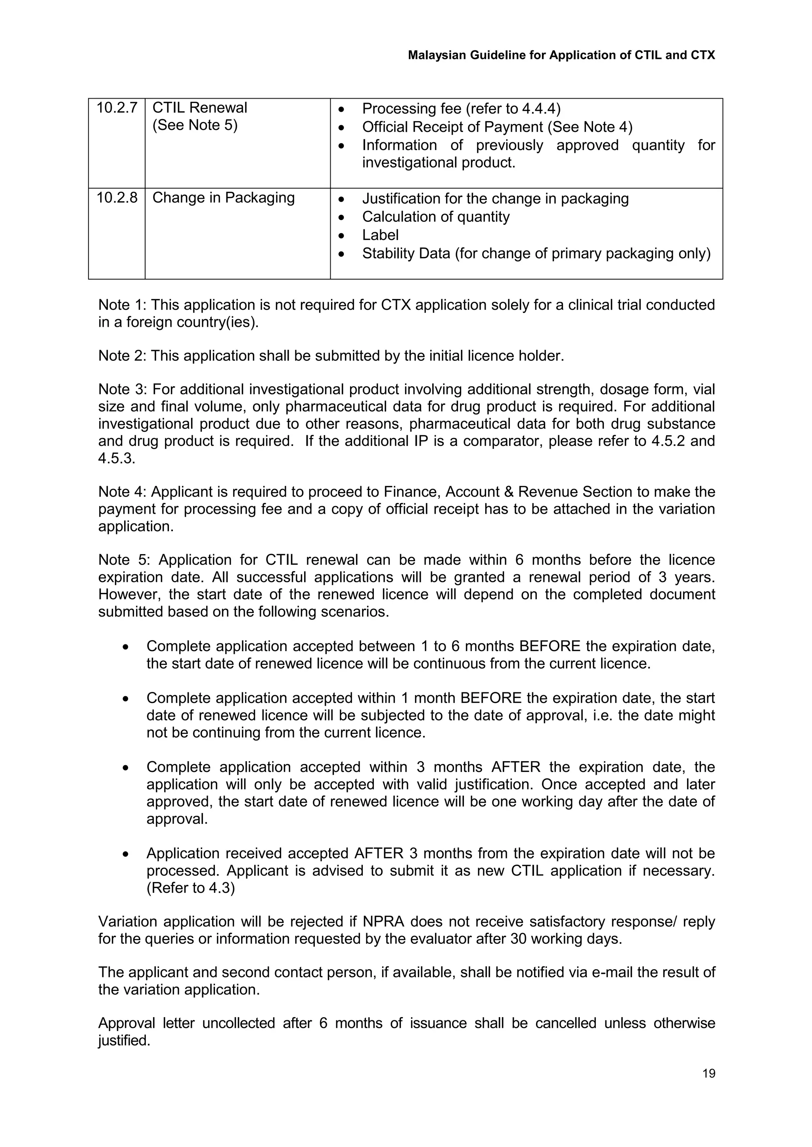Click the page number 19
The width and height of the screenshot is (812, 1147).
[709, 1073]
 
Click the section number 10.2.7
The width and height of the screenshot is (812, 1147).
[117, 108]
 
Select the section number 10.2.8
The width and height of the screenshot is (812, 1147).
[117, 198]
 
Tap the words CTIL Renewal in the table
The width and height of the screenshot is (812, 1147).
[199, 108]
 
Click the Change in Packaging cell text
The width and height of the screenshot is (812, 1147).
[224, 198]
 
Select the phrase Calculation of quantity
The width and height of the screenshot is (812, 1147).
[435, 217]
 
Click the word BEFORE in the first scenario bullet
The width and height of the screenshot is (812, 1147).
[550, 646]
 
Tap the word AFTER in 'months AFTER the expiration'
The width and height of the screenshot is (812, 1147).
[515, 767]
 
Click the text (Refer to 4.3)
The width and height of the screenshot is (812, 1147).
[190, 888]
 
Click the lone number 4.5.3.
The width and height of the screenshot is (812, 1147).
[117, 458]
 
